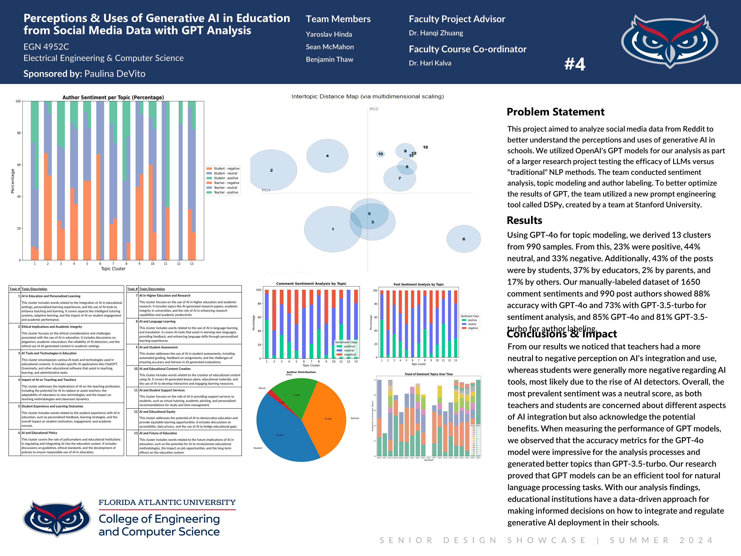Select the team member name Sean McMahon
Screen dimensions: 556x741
330,47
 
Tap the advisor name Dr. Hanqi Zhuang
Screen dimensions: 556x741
436,33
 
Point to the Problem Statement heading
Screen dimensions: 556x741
555,112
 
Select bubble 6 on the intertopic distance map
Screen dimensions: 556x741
464,239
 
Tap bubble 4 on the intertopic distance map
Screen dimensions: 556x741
327,156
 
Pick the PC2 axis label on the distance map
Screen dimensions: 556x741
374,109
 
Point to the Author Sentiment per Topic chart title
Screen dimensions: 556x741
113,97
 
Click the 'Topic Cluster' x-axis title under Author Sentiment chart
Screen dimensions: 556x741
113,269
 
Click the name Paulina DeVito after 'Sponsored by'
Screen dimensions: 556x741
115,74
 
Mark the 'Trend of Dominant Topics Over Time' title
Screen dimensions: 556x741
428,374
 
